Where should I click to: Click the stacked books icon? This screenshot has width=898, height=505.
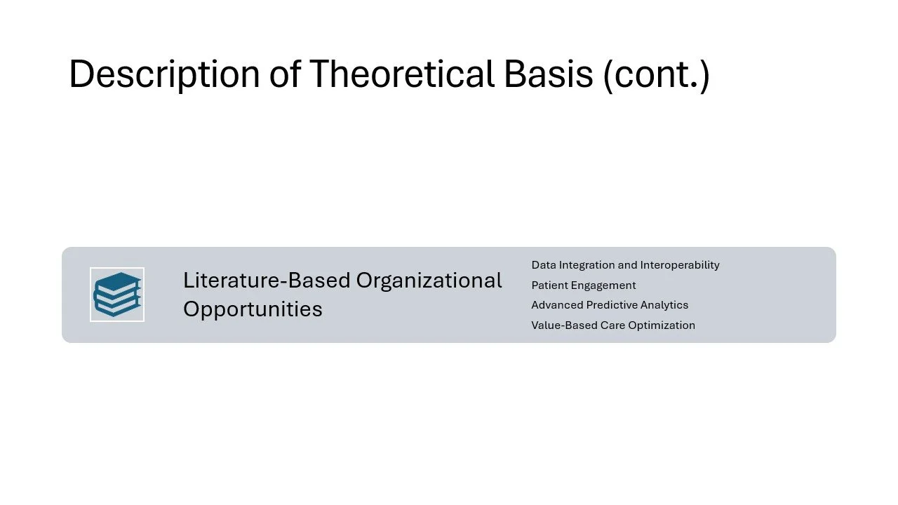pos(117,295)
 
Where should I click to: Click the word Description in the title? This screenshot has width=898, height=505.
pos(164,74)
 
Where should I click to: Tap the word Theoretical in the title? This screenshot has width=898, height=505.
pos(402,74)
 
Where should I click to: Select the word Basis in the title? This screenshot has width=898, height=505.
pos(549,74)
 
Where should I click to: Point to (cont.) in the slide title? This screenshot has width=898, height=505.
pos(657,75)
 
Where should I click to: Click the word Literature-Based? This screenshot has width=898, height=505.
pos(267,281)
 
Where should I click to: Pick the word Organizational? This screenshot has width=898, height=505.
pos(429,281)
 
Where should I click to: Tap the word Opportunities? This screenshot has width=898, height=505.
pos(253,309)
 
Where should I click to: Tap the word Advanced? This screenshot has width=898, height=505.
pos(557,305)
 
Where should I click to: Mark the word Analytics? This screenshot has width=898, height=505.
pos(664,305)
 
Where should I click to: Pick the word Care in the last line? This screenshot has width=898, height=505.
pos(612,325)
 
